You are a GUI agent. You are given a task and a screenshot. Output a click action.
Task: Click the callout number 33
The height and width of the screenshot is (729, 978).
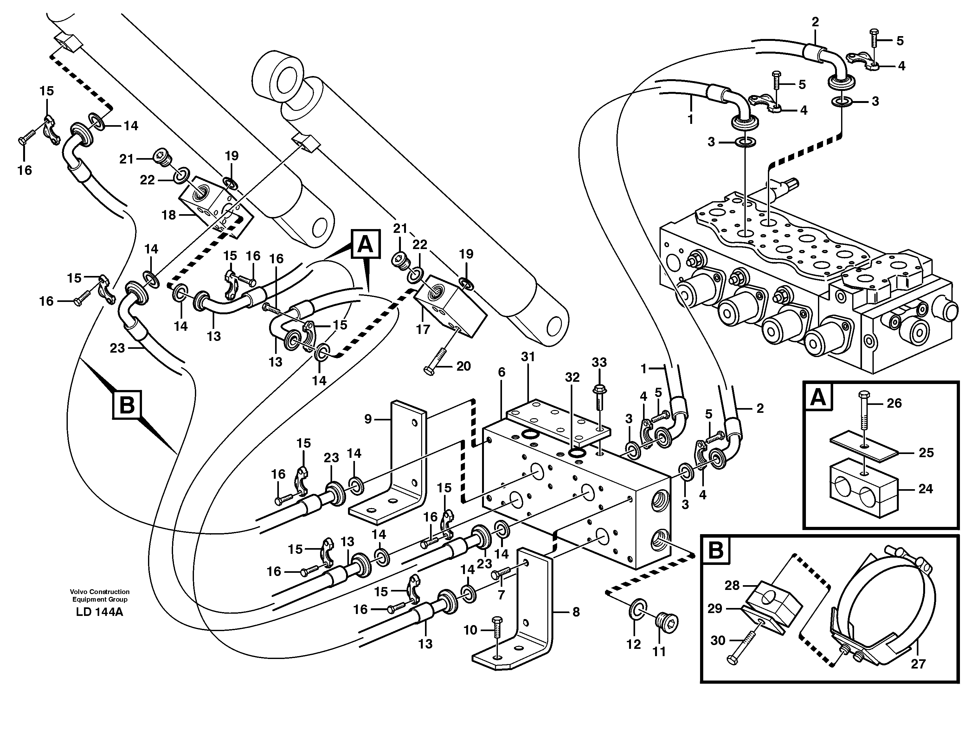599,362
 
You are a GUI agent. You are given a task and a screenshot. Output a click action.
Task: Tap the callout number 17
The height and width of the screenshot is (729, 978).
423,329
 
